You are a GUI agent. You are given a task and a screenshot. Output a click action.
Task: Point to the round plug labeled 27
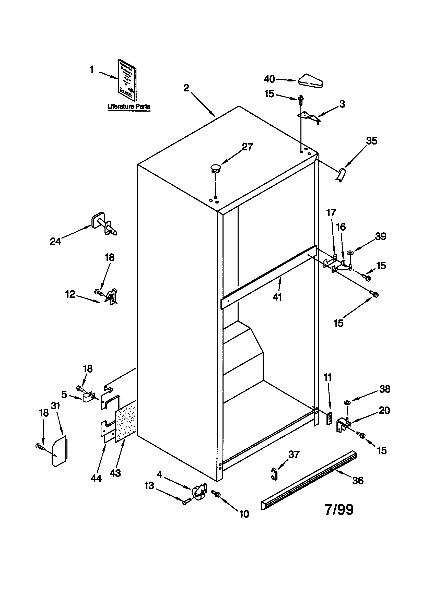tap(215, 168)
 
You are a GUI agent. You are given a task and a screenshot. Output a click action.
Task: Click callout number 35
tap(371, 141)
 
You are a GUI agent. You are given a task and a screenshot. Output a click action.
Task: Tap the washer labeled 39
tap(351, 252)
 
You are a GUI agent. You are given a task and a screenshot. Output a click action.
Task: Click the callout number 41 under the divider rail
tap(277, 297)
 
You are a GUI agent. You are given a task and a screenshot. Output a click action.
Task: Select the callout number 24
tap(55, 242)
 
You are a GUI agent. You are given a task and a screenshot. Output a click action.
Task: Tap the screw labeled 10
tap(216, 493)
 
